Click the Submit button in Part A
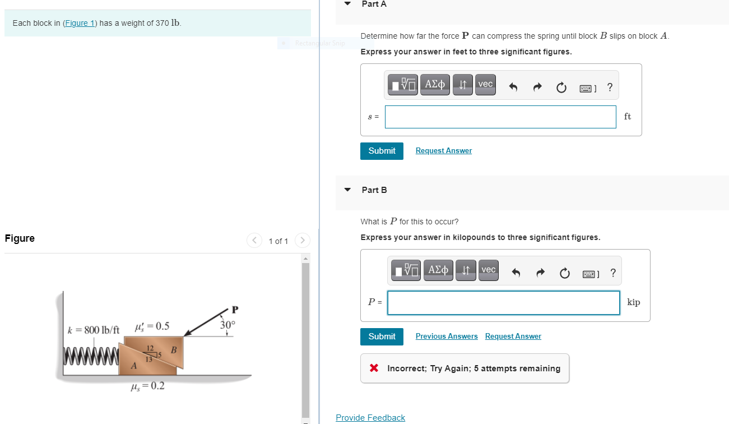pyautogui.click(x=382, y=151)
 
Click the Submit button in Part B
pyautogui.click(x=382, y=337)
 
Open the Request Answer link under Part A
pyautogui.click(x=443, y=151)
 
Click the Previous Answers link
pyautogui.click(x=446, y=337)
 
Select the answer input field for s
pyautogui.click(x=500, y=117)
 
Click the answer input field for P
pyautogui.click(x=503, y=302)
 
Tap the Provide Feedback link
pyautogui.click(x=370, y=418)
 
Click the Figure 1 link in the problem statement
pyautogui.click(x=80, y=23)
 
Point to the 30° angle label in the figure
pyautogui.click(x=228, y=324)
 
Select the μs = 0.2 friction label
pyautogui.click(x=147, y=386)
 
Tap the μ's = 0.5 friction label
pyautogui.click(x=152, y=326)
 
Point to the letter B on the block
pyautogui.click(x=174, y=351)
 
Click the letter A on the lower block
pyautogui.click(x=133, y=366)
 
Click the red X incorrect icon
pyautogui.click(x=374, y=368)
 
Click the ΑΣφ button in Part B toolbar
pyautogui.click(x=438, y=270)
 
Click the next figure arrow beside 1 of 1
pyautogui.click(x=302, y=241)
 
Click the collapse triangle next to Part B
pyautogui.click(x=348, y=190)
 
